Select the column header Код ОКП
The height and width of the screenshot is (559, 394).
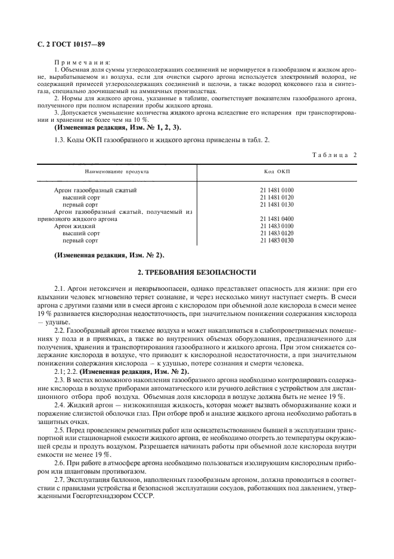[x=277, y=171]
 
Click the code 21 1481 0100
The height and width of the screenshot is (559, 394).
[x=277, y=190]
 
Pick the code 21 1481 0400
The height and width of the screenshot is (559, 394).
[x=277, y=219]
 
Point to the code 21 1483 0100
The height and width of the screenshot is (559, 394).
[x=277, y=226]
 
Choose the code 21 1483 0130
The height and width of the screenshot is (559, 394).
[x=277, y=240]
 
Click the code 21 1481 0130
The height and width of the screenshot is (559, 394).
[x=277, y=204]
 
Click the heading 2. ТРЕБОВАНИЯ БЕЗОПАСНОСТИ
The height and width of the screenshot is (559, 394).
[x=197, y=272]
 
